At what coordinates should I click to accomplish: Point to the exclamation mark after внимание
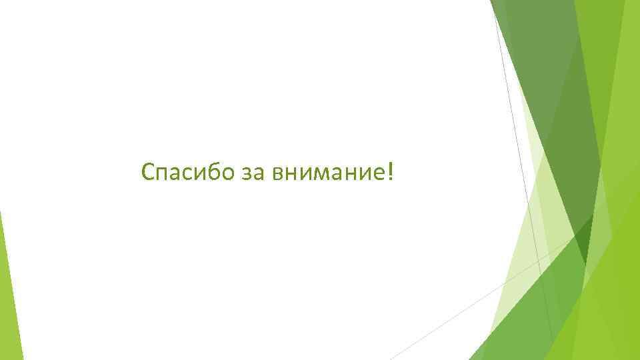(x=390, y=172)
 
